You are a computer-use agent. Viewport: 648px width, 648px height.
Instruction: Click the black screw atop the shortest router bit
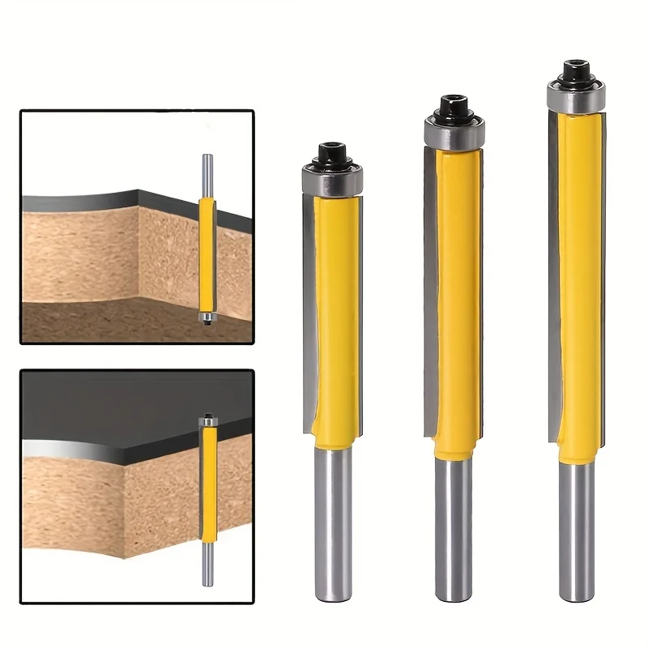tap(333, 151)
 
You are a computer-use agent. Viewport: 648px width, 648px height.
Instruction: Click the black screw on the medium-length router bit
tap(453, 105)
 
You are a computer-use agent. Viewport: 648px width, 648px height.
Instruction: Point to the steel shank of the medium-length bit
tap(453, 535)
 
